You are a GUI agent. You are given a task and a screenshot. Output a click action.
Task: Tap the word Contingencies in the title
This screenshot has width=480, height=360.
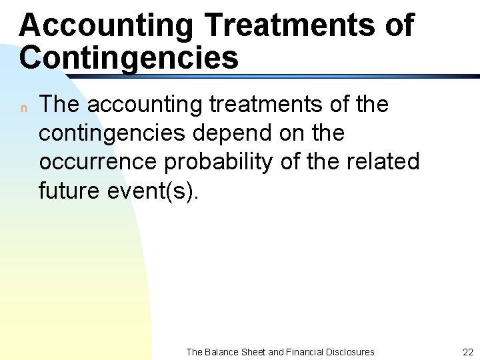click(129, 58)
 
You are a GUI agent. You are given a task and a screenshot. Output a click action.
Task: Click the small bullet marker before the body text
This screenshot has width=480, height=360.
click(23, 108)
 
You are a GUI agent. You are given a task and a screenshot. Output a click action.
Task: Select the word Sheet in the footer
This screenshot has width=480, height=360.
click(255, 352)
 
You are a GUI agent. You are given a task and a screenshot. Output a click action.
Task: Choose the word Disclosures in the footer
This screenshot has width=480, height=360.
click(352, 352)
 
